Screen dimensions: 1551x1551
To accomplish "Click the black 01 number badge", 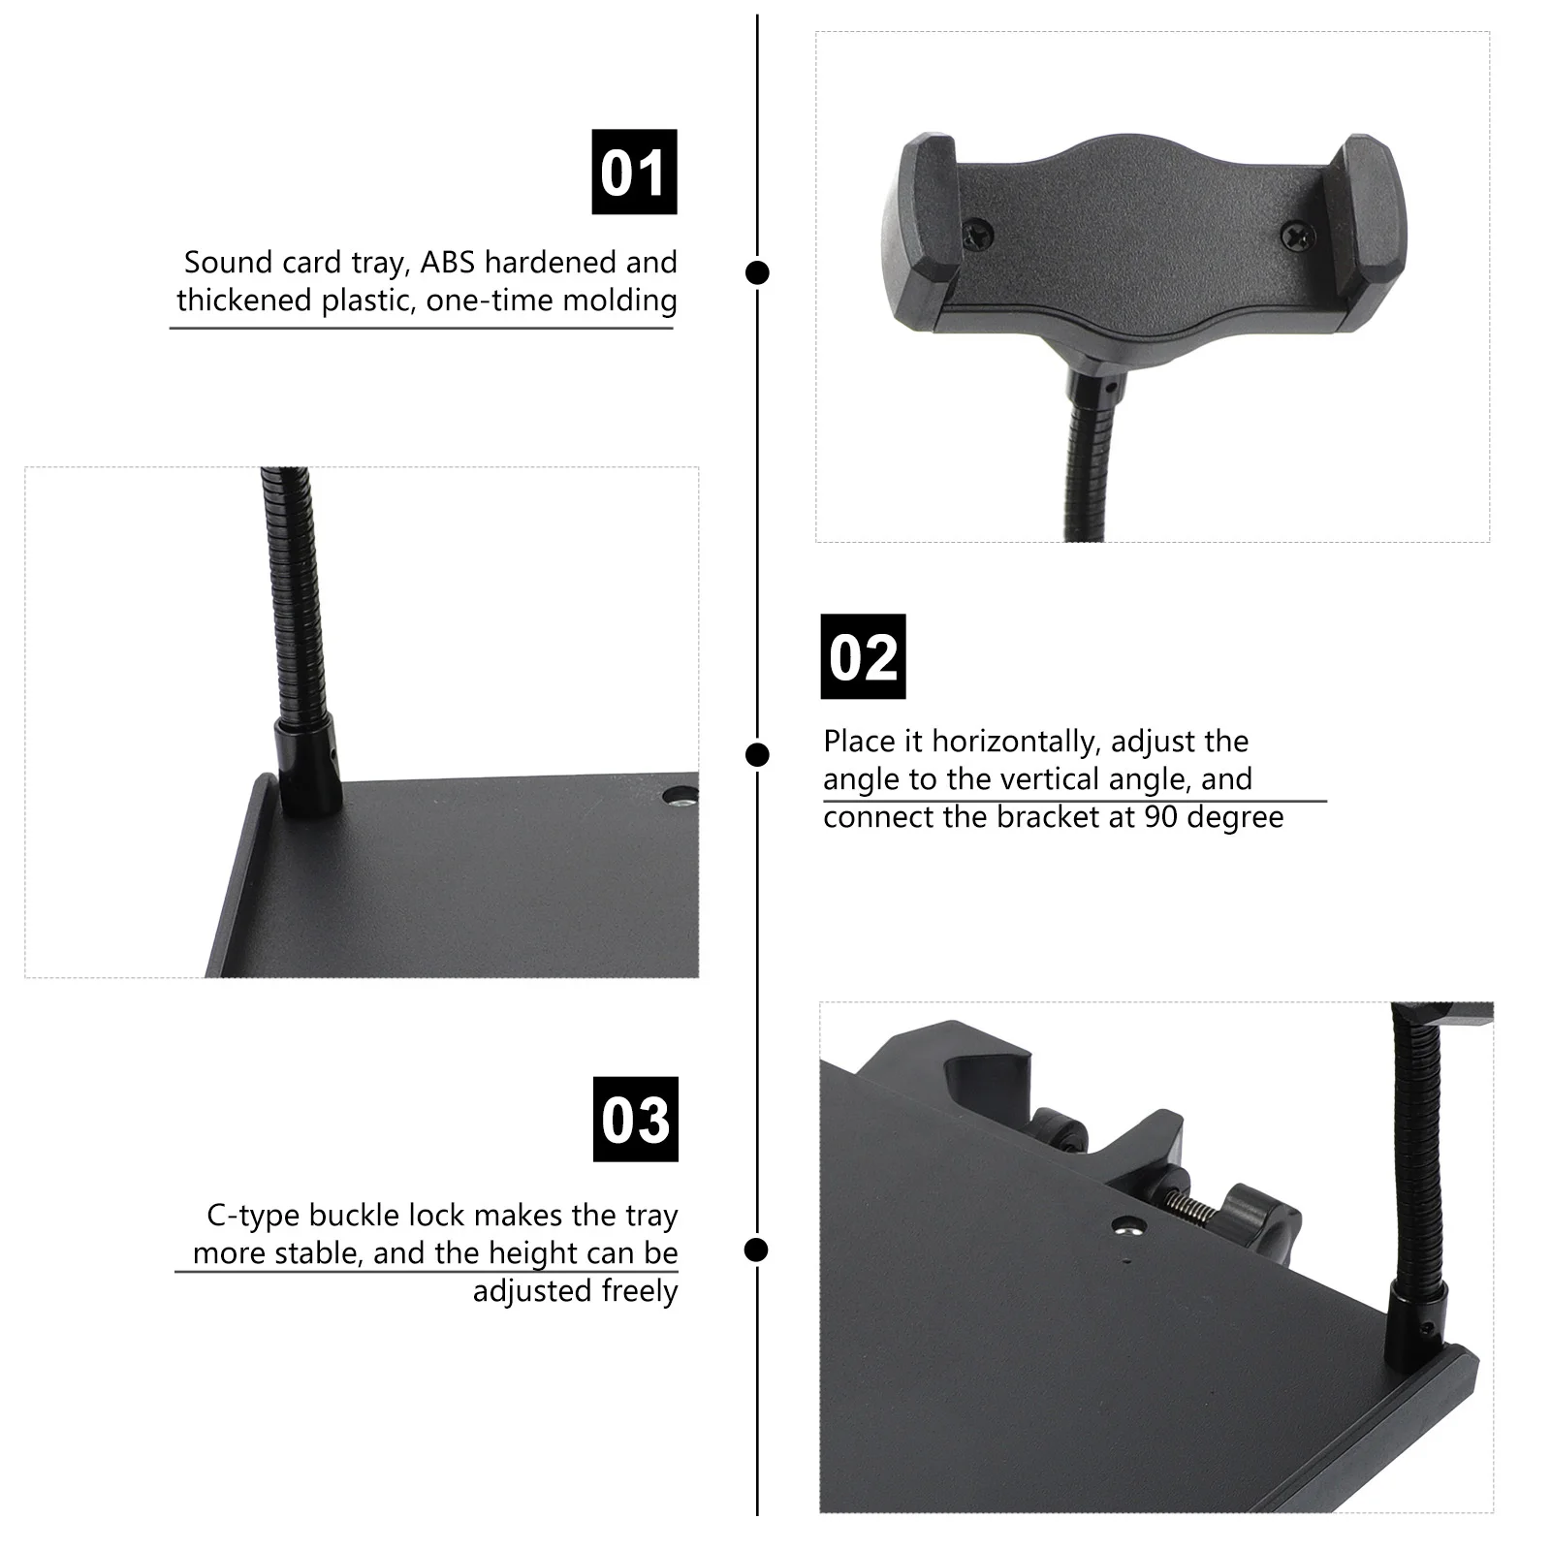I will tap(634, 172).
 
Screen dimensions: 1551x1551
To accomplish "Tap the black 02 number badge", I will tap(863, 656).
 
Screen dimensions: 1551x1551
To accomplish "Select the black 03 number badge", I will tap(635, 1119).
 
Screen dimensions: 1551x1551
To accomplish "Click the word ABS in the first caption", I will tap(448, 263).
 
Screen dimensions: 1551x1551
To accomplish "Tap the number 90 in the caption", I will tap(1160, 817).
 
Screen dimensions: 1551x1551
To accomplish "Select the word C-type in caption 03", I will tap(247, 1216).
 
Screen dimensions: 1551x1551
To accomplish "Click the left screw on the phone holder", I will tap(977, 232).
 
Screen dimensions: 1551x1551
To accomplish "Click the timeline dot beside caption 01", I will tap(757, 272).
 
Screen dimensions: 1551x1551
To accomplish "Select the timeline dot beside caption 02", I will tap(757, 754).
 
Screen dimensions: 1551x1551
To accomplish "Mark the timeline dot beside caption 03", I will tap(757, 1250).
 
